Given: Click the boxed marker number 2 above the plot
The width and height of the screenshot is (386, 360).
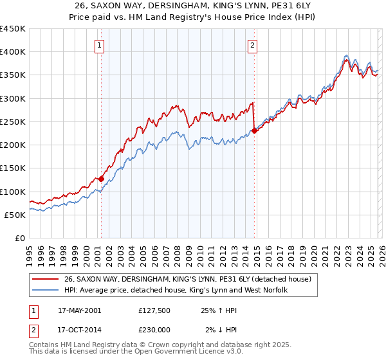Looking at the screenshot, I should coord(252,45).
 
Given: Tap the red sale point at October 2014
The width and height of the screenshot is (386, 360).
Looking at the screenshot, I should coord(254,130).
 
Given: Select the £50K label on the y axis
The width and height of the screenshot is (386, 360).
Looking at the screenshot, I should coord(15,215).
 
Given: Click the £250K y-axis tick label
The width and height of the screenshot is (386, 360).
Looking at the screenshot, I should coord(13,122).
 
